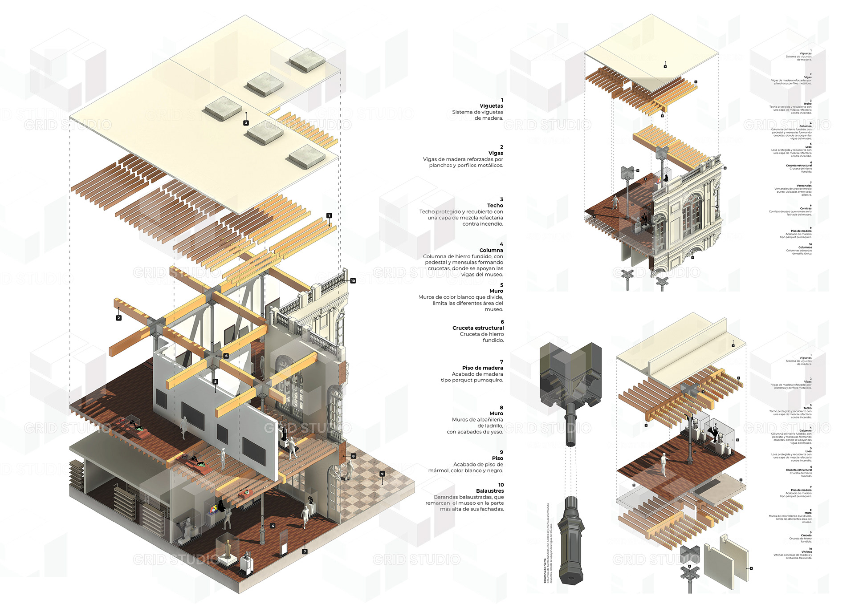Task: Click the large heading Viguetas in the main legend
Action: [491, 106]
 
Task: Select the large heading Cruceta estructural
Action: [478, 328]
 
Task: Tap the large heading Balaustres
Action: [490, 491]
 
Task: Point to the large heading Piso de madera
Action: [482, 368]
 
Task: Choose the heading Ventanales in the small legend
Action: [804, 186]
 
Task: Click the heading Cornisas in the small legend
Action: [806, 208]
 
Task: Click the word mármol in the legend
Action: [438, 470]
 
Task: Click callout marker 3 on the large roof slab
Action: [246, 123]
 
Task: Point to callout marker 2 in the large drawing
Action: [118, 318]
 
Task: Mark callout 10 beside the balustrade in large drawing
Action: [353, 281]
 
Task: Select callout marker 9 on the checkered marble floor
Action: [382, 474]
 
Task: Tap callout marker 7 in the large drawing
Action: [305, 551]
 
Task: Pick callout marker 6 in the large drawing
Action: [226, 356]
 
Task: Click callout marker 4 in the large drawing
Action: [273, 526]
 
